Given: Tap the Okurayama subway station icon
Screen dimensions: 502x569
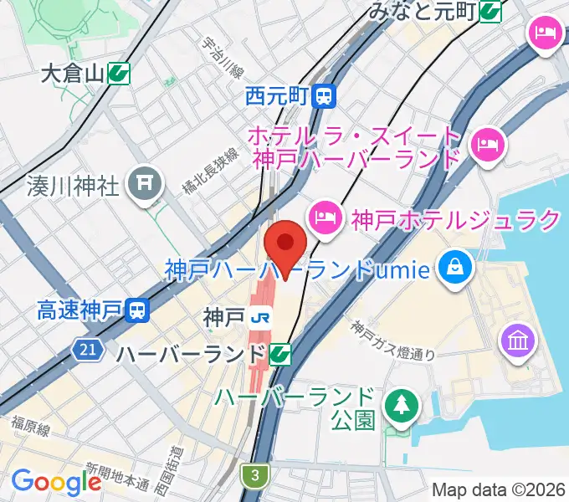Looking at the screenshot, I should coord(118,74).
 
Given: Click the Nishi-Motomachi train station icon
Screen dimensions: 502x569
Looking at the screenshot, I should coord(324,97).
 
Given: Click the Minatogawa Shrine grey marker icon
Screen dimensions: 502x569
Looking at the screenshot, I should coord(145,181).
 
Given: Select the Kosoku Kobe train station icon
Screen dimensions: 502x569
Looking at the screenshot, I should coord(137,311).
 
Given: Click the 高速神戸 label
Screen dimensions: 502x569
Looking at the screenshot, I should coord(80,311).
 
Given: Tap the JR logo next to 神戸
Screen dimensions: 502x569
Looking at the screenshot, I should coord(261,317).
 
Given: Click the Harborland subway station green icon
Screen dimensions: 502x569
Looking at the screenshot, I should coord(280,355).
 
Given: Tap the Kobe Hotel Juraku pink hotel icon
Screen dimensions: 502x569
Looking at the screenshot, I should coord(324,219).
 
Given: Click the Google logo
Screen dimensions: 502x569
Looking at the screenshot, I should coord(56,482).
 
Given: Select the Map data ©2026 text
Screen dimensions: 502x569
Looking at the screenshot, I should coord(499,489).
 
